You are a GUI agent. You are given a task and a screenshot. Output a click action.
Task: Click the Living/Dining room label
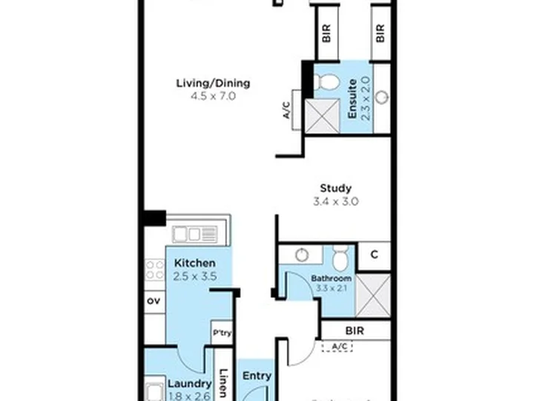(x=213, y=83)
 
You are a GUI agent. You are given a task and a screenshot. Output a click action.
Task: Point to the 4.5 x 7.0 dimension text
(x=213, y=96)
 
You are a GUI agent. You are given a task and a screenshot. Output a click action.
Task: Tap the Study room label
(x=335, y=189)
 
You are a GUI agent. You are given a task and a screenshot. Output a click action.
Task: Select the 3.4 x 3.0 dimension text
(x=335, y=201)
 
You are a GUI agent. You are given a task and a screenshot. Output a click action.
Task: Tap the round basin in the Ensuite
(x=381, y=97)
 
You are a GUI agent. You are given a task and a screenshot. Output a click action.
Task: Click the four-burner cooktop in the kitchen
(x=155, y=269)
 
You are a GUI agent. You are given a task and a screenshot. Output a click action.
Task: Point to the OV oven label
(x=154, y=301)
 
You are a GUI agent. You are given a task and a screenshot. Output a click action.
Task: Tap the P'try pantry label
(x=222, y=333)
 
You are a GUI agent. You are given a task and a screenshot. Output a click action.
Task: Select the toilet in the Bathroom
(x=340, y=258)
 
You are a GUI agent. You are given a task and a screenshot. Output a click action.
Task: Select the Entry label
(x=257, y=376)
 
